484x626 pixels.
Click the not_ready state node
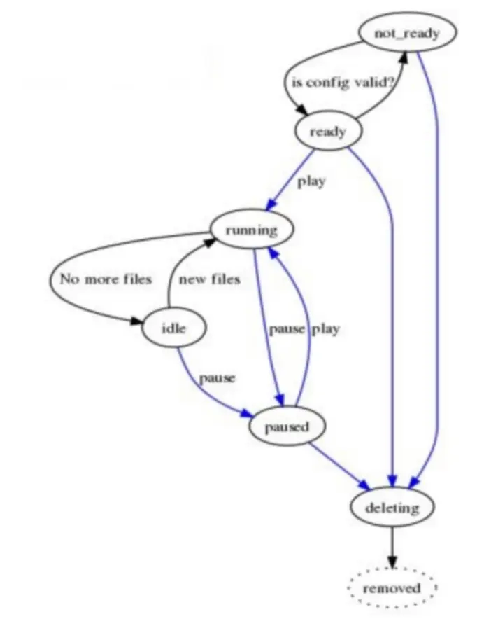tap(407, 33)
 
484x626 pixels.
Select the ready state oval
tap(327, 131)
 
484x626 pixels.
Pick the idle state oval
tap(173, 328)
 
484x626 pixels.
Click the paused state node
tap(287, 426)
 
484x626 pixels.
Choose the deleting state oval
tap(392, 507)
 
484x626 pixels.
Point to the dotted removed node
tap(392, 588)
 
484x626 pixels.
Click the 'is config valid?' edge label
tap(343, 82)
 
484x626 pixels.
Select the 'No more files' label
tap(106, 279)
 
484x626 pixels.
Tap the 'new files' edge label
tap(209, 279)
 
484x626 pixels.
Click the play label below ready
tap(311, 182)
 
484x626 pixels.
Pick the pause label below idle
tap(217, 378)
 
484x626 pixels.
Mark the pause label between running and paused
tap(287, 328)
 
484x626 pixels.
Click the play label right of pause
tap(325, 328)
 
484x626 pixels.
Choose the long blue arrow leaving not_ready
tap(437, 280)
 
